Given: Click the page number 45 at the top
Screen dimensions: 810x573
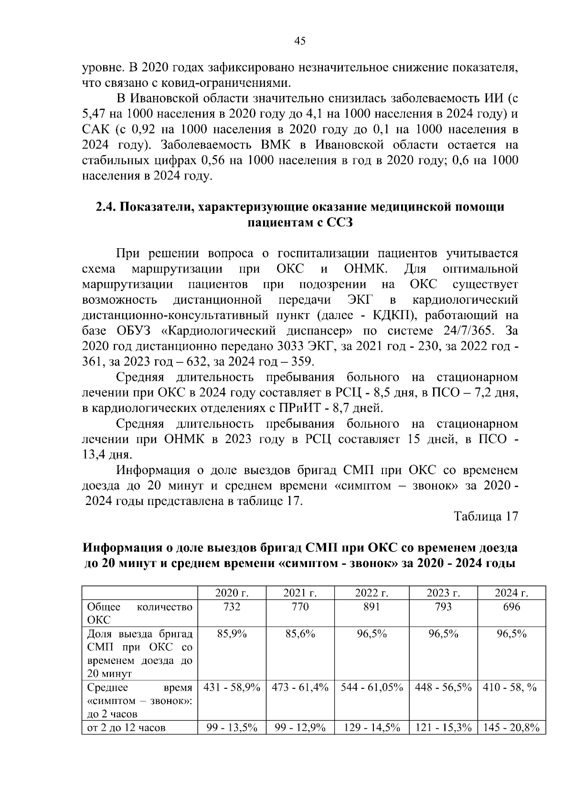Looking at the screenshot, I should pos(299,41).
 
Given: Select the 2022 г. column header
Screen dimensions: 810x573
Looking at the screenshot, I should pos(371,593).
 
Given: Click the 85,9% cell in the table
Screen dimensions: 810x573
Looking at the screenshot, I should pos(232,634).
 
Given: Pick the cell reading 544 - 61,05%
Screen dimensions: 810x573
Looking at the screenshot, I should pos(371,687).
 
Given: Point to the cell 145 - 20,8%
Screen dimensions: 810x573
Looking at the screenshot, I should pos(511,728).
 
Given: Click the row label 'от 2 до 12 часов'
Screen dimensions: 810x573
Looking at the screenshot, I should pos(126,728).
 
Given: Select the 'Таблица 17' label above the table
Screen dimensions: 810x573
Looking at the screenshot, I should pos(486,516).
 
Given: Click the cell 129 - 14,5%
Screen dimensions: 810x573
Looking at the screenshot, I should pos(371,728).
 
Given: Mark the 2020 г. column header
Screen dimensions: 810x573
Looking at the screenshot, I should pos(232,593).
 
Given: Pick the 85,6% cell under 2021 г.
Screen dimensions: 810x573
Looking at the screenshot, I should pos(300,634).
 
